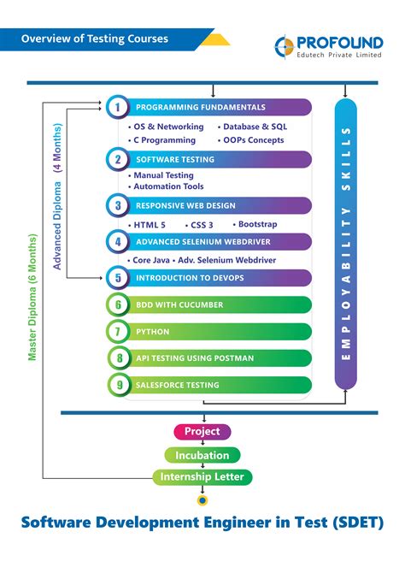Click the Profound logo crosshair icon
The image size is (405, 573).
[x=285, y=47]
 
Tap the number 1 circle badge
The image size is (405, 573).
[x=118, y=107]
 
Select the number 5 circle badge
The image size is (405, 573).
[x=118, y=278]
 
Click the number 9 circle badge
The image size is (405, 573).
[x=119, y=385]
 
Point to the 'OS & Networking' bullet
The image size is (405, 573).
[x=166, y=127]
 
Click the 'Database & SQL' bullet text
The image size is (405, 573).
[x=255, y=127]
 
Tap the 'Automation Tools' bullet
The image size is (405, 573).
[x=166, y=186]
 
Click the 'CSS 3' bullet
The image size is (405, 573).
[x=199, y=225]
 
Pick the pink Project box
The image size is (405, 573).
[x=202, y=432]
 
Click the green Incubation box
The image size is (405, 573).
[x=202, y=455]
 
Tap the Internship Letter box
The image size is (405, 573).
[x=202, y=477]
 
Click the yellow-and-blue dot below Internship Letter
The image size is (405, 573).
[x=202, y=500]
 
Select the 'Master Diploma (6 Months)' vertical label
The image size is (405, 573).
[x=32, y=298]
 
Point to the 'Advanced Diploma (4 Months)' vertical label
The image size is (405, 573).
[x=57, y=197]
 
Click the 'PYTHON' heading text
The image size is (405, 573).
[x=153, y=332]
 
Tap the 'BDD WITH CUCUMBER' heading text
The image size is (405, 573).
[x=179, y=304]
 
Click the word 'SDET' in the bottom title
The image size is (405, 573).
[x=358, y=523]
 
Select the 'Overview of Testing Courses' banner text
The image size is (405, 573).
[x=95, y=38]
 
